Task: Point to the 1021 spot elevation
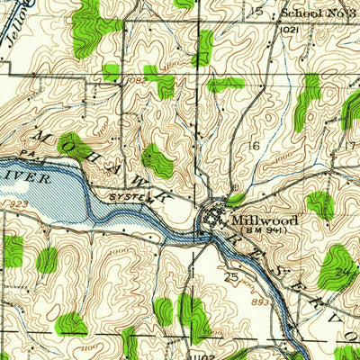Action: pyautogui.click(x=290, y=29)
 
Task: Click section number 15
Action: pyautogui.click(x=258, y=11)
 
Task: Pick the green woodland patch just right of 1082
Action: pyautogui.click(x=163, y=84)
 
